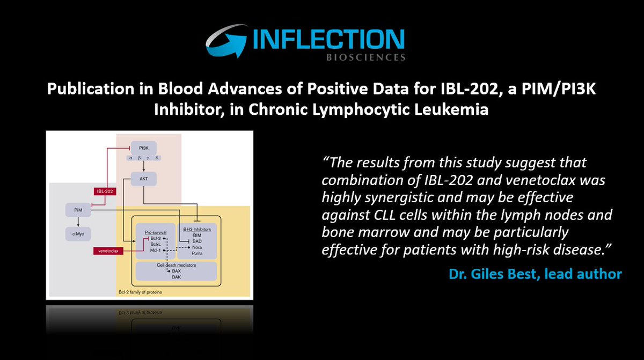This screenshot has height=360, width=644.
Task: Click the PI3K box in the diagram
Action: pyautogui.click(x=144, y=146)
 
